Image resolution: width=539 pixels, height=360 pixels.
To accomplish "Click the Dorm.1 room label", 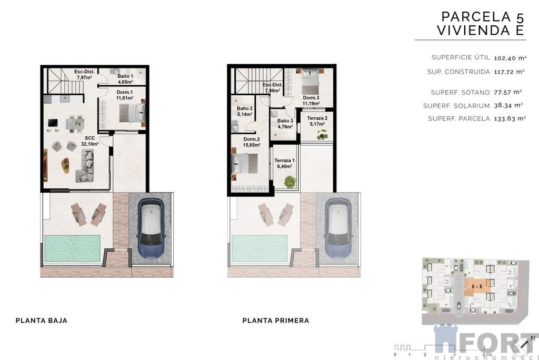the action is click(124, 95).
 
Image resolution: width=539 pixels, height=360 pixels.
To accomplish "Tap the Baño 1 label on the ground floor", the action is click(125, 79).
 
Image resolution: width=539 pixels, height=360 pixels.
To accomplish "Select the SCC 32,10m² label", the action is click(89, 141).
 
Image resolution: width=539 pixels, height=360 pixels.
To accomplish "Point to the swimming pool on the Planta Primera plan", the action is click(259, 248).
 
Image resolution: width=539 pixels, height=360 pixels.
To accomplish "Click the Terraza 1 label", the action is click(284, 163).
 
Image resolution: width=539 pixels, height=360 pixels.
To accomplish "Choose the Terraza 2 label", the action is click(317, 121).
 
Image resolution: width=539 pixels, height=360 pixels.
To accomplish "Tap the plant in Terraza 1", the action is click(290, 182).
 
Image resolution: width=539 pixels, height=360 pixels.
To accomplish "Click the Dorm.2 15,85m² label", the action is click(251, 142).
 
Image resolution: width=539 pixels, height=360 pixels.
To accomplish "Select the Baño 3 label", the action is click(285, 124).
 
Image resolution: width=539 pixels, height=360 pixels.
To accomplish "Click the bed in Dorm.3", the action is click(311, 81).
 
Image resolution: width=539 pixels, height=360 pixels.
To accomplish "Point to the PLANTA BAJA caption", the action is click(42, 321).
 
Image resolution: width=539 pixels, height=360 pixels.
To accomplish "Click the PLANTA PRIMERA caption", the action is click(276, 321).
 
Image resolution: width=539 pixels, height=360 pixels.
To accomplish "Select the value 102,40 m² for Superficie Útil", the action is click(510, 58).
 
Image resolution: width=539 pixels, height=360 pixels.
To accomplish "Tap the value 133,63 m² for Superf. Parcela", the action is click(510, 118).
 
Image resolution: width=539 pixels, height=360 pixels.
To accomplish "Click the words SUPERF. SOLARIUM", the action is click(456, 106).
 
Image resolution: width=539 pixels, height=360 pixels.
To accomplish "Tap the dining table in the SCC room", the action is click(75, 124).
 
